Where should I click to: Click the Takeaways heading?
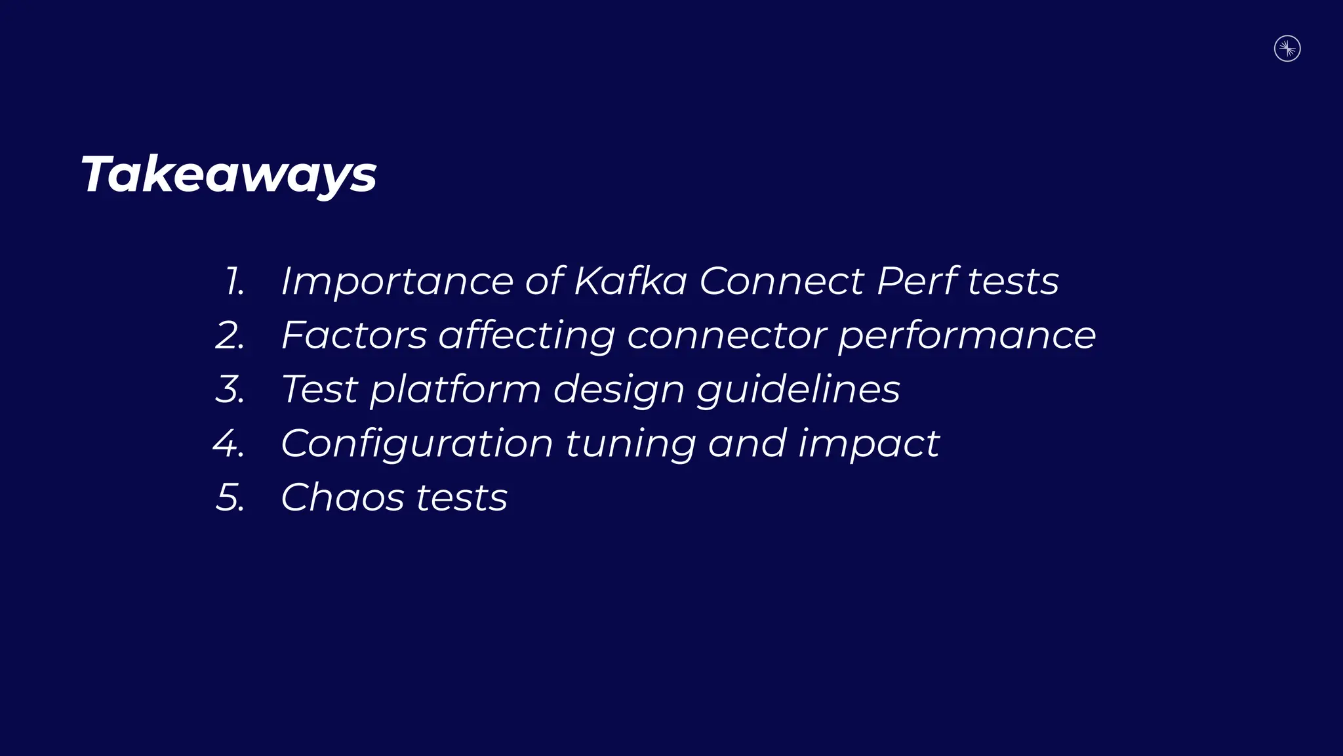tap(228, 175)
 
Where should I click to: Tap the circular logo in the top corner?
tap(1287, 49)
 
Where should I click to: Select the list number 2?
tap(230, 335)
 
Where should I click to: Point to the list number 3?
tap(230, 389)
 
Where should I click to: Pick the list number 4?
tap(229, 444)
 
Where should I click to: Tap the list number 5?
tap(230, 497)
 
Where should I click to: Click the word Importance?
tap(397, 282)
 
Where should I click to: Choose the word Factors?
tap(354, 335)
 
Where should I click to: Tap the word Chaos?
tap(342, 497)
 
